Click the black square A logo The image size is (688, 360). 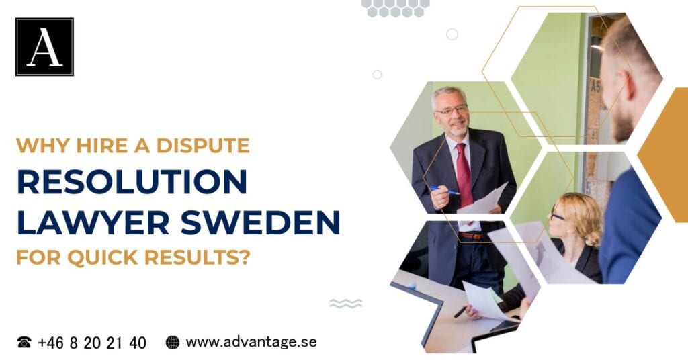44,47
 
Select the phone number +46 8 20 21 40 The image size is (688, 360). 91,343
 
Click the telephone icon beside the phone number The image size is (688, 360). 24,343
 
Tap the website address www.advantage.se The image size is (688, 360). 251,342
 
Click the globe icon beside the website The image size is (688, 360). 173,343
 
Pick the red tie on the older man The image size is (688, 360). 464,176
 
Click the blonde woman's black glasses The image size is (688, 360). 557,216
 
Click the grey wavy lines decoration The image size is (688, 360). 346,303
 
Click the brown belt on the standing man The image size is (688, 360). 470,236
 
